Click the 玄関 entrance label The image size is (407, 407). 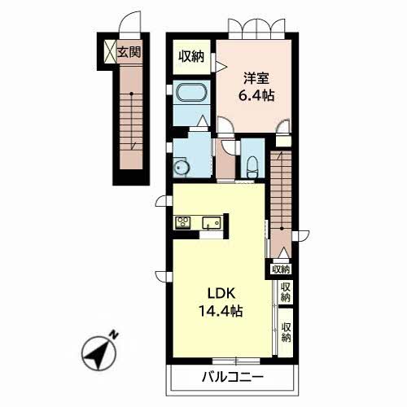pos(129,52)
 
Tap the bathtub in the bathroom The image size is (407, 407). pos(192,92)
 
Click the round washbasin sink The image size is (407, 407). pos(180,168)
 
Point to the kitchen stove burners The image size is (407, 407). pos(182,223)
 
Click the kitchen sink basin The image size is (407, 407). pos(212,223)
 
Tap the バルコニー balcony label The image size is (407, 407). pos(233,377)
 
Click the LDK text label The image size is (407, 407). pos(221,294)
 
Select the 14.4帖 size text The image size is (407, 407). pos(221,311)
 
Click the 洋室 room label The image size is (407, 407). pos(256,78)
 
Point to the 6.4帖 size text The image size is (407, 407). pos(256,95)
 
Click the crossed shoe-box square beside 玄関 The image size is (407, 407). pos(111,52)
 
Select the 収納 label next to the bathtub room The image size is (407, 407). pos(191,57)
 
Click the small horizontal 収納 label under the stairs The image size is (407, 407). pos(281,269)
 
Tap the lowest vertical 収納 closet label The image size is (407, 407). pos(286,332)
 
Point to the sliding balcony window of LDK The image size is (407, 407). pos(236,361)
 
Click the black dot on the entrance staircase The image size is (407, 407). pos(131,94)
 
